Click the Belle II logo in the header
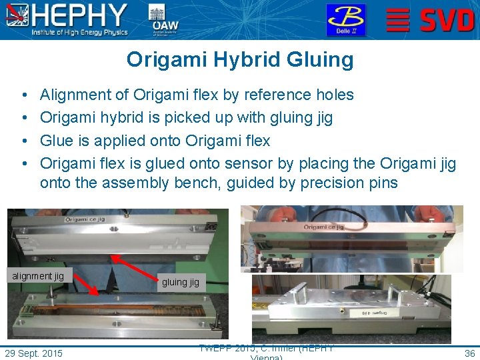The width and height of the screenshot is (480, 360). point(345,19)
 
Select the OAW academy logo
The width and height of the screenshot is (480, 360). point(165,19)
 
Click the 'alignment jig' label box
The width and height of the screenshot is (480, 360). point(37,276)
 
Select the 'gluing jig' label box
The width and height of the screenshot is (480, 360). point(180,282)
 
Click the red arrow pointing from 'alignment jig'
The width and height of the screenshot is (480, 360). point(84,283)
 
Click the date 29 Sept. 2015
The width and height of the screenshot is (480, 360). point(33,353)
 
